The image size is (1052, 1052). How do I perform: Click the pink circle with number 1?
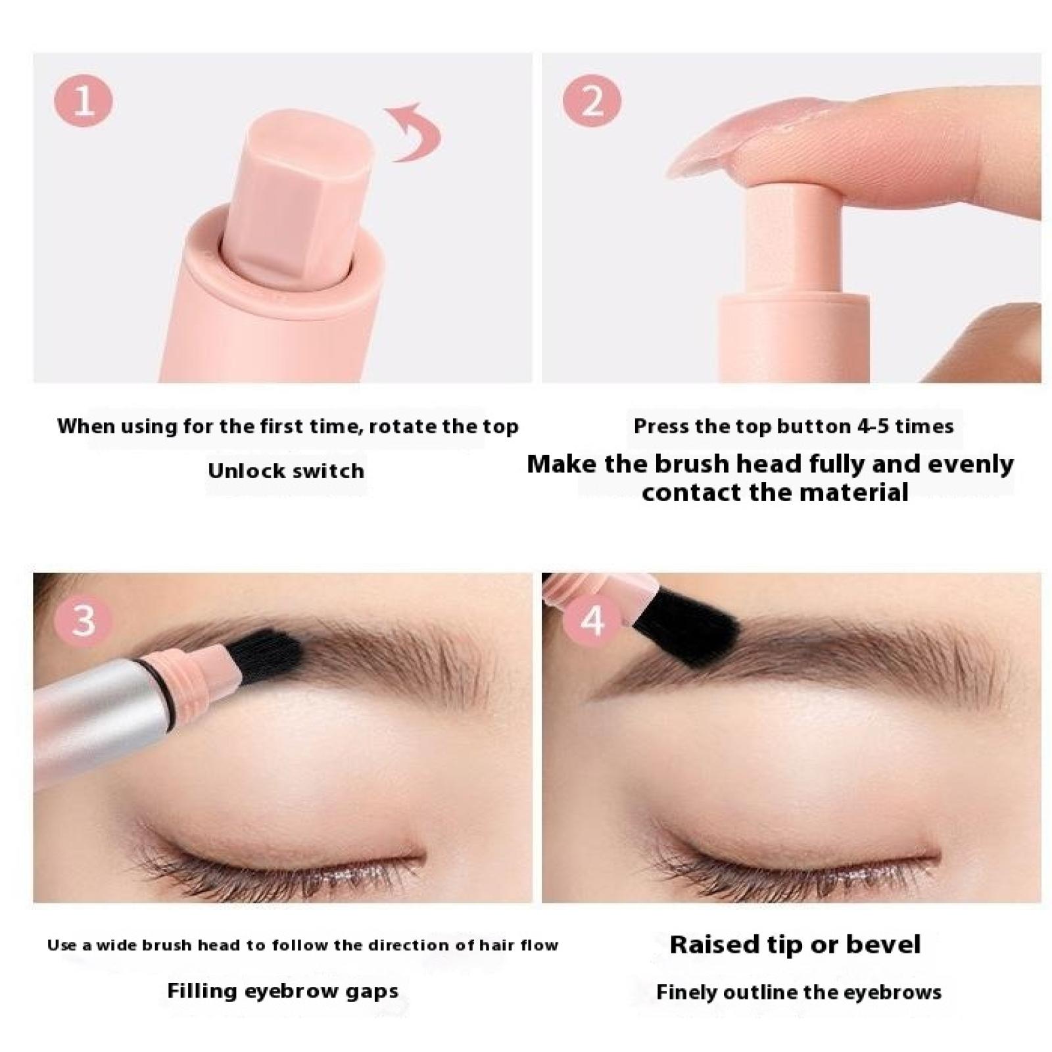[84, 102]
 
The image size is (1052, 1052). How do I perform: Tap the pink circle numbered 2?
[592, 102]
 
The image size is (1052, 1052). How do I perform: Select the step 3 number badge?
[84, 618]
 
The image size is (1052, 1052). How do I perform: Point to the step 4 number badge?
[592, 618]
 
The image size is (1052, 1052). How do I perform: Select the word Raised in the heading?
[715, 944]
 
